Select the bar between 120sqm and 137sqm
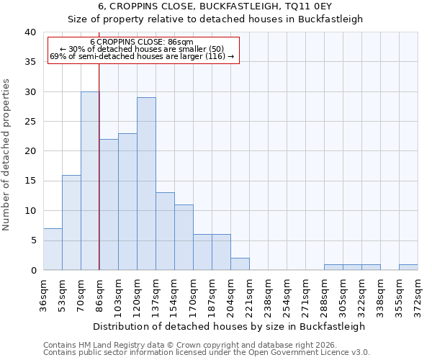[146, 184]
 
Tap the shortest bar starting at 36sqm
[53, 249]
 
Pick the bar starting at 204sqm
[240, 264]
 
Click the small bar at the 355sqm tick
[408, 267]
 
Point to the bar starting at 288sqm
[333, 267]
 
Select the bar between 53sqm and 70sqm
[71, 222]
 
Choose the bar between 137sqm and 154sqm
[165, 231]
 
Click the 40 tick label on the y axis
[30, 32]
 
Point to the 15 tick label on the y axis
[30, 181]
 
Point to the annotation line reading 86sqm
[142, 42]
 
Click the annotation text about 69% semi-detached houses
[142, 56]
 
